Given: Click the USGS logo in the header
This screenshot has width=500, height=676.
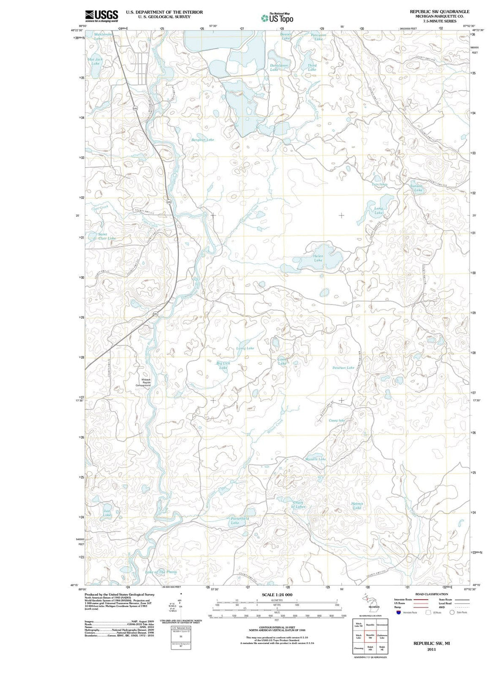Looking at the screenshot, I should point(101,16).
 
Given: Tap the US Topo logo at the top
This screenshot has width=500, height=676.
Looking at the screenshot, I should point(277,18).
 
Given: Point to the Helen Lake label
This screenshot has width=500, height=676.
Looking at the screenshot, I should point(319,258).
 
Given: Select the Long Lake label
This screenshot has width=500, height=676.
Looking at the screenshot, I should point(379,210).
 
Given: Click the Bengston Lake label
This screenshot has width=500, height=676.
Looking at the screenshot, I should point(203,139).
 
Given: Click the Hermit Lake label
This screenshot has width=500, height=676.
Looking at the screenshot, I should point(357,505).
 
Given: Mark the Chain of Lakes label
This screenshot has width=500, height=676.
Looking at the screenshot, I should point(299,505).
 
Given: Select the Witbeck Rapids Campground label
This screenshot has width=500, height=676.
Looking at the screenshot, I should point(143,382).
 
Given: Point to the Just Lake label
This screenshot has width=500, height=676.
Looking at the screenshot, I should point(107,513).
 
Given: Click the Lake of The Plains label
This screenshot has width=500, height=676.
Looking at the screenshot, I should point(161,572).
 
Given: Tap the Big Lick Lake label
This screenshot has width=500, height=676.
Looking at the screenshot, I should point(223,366).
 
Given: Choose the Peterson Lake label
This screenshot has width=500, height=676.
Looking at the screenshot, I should point(343,367).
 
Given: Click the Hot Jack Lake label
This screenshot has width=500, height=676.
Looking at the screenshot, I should point(95,61).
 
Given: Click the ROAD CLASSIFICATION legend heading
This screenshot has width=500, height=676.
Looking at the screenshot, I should point(431,594).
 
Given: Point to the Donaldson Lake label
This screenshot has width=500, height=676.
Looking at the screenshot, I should point(279,67).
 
